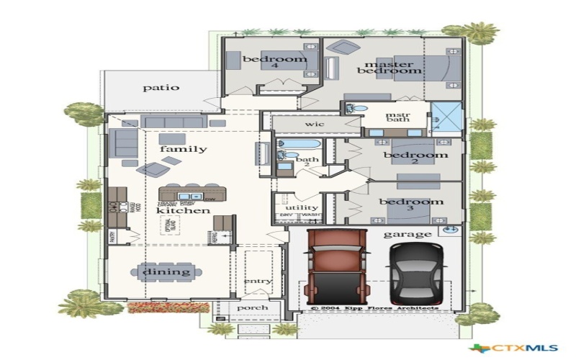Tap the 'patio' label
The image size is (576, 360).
coord(161,88)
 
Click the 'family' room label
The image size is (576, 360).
coord(183,149)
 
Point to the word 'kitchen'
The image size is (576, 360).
coord(183,211)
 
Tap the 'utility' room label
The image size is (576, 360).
coord(296,207)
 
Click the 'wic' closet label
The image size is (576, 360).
coord(315,125)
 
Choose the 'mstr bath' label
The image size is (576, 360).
coord(397,117)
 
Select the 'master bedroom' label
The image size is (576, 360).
coord(389,67)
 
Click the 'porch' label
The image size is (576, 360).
coord(252,307)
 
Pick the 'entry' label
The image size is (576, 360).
coord(257,281)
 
